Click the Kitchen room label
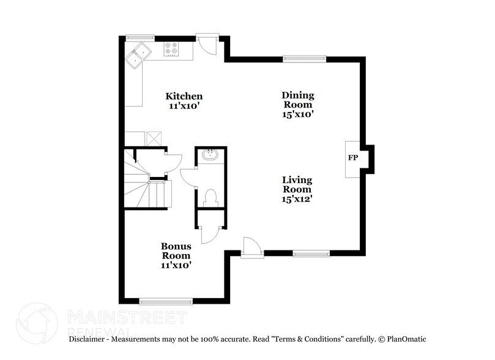(184, 97)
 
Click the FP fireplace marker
(353, 158)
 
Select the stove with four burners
(171, 49)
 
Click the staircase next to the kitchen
(146, 187)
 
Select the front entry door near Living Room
(251, 248)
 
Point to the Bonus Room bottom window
(166, 301)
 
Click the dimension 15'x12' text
(297, 198)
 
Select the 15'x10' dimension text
(298, 114)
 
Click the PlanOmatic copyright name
(406, 339)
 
